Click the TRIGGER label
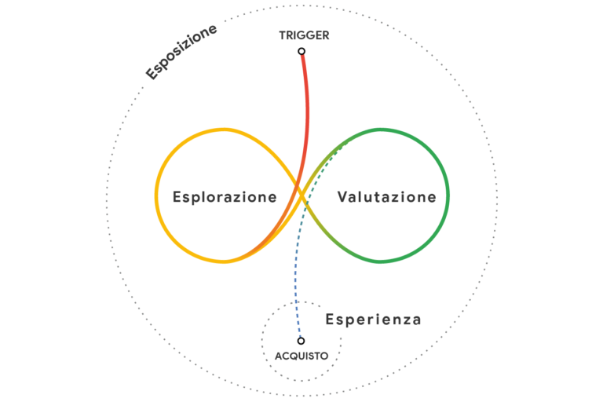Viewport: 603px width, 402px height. pos(304,35)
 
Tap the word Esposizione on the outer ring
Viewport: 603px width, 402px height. pos(181,52)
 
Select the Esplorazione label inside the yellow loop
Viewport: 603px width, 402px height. pos(225,196)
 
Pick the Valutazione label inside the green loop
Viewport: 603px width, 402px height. pos(386,196)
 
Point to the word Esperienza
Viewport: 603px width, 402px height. pos(373,320)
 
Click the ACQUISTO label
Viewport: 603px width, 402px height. pos(301,356)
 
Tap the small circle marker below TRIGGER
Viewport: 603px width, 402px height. pos(301,52)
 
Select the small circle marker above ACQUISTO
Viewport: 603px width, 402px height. pos(301,341)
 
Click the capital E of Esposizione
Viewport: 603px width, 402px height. pos(152,74)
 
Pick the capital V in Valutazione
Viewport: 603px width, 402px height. pos(343,196)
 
